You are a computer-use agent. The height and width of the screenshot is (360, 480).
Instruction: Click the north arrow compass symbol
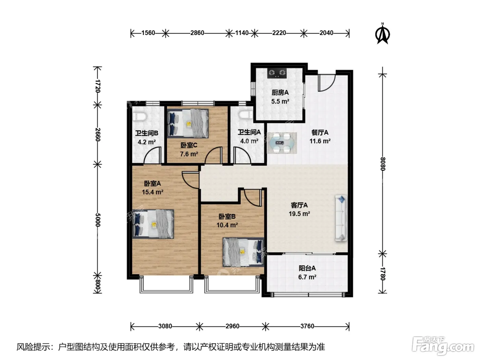[382, 34]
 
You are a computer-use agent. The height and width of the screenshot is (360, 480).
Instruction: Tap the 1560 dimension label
[148, 33]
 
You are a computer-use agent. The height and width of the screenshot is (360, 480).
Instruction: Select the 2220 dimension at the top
[279, 33]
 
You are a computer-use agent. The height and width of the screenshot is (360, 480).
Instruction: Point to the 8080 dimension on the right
[383, 164]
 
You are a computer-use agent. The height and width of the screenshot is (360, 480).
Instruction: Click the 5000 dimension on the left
[98, 220]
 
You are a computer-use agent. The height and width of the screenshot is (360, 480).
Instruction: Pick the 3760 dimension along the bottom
[307, 326]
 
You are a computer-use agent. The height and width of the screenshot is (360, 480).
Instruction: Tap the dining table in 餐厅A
[282, 143]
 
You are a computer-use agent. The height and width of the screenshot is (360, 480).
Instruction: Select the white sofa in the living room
[341, 218]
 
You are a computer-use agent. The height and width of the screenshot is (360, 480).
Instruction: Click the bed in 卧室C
[188, 123]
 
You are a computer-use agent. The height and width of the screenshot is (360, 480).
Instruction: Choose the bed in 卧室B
[243, 252]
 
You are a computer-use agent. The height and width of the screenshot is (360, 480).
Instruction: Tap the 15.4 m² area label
[153, 192]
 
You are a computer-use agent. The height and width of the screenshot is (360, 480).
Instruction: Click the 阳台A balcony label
[307, 268]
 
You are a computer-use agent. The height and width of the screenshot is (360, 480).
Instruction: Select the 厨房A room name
[280, 93]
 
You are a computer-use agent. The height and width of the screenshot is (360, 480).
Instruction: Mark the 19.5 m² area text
[299, 214]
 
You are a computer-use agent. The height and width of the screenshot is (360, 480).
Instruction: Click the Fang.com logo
[443, 346]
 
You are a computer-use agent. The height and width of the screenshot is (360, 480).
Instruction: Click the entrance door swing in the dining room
[326, 83]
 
